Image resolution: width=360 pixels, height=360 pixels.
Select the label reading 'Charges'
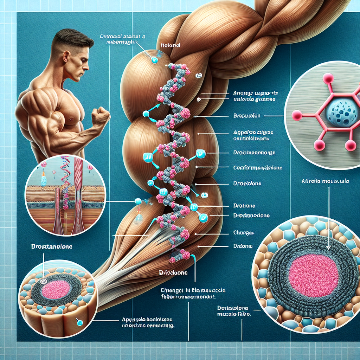244,233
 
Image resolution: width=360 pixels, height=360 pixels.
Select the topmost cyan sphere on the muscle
154,60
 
